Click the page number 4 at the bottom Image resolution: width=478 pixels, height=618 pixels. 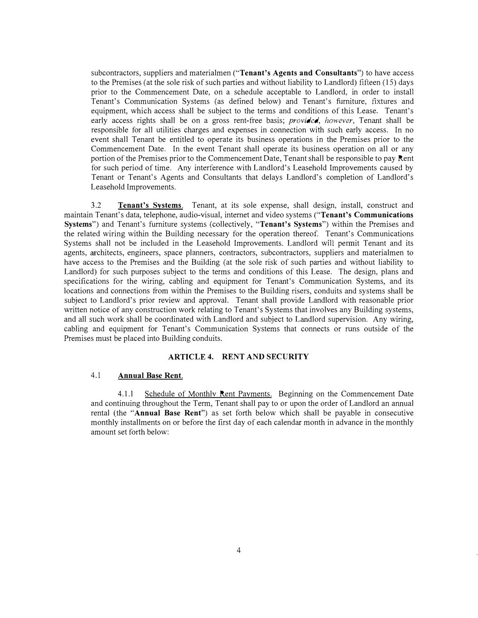click(x=238, y=551)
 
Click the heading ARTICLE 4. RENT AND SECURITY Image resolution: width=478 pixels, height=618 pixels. click(x=238, y=357)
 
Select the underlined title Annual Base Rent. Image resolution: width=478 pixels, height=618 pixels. click(x=150, y=376)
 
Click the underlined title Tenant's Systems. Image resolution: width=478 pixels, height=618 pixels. click(x=150, y=206)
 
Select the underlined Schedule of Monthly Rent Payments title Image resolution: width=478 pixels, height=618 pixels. click(x=208, y=394)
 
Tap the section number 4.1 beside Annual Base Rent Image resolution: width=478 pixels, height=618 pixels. click(x=95, y=375)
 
